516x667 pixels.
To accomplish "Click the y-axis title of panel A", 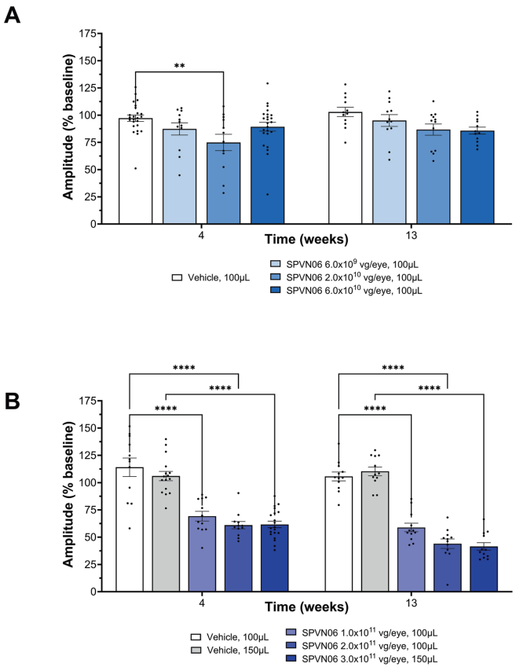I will click(69, 128).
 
